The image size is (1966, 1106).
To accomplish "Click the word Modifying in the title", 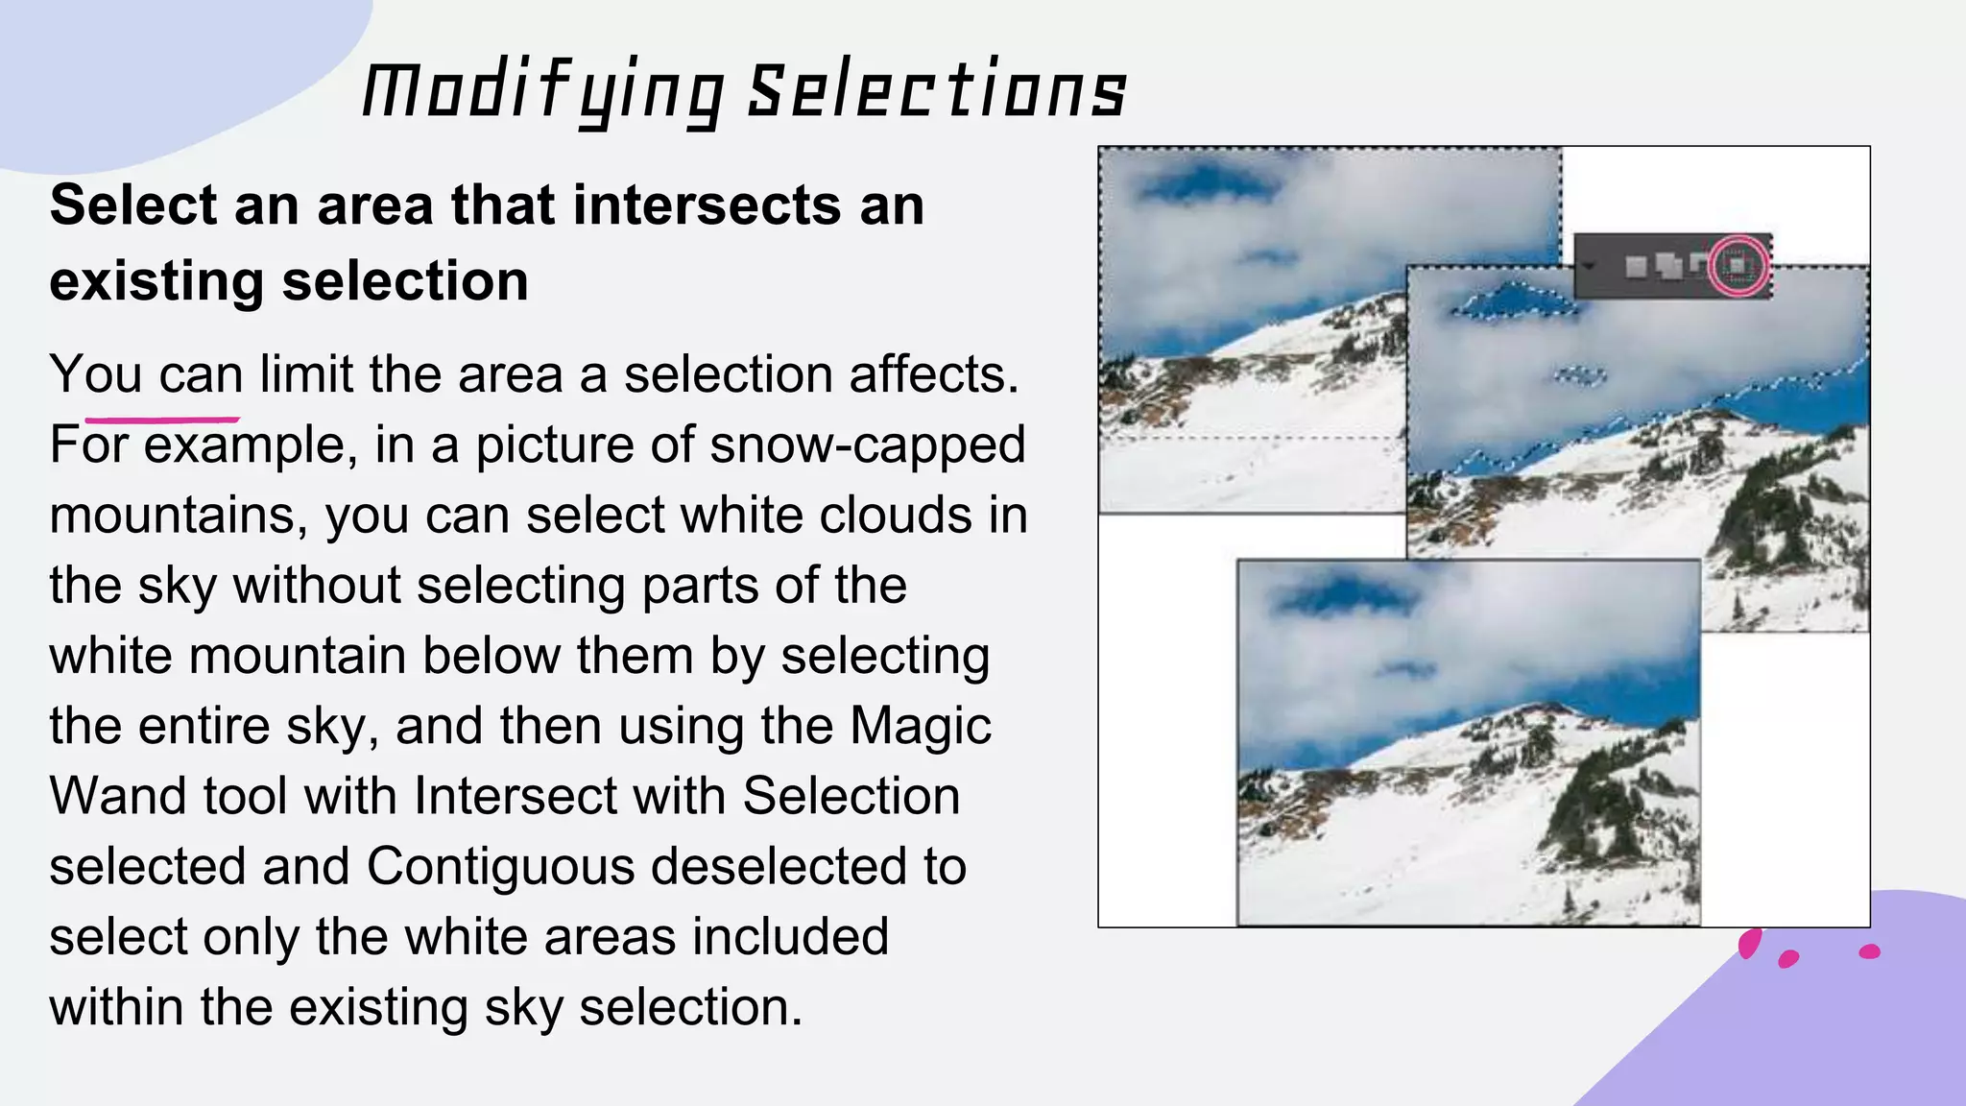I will (x=543, y=92).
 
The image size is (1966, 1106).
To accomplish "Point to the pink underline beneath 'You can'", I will (x=161, y=420).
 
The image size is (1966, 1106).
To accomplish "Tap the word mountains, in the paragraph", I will (x=179, y=516).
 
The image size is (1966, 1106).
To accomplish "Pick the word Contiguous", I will (x=500, y=866).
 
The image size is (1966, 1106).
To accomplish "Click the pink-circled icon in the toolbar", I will (x=1738, y=265).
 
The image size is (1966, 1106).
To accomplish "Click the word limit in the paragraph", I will (x=306, y=374).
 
